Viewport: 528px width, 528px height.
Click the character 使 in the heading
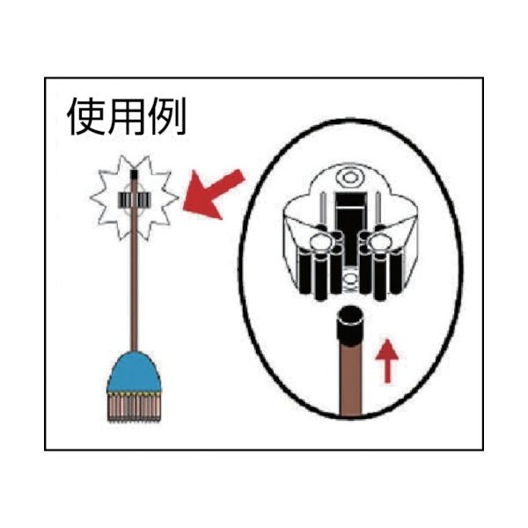click(x=87, y=117)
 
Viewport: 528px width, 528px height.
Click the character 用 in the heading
click(x=127, y=117)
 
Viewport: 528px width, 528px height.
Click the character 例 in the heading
click(x=167, y=117)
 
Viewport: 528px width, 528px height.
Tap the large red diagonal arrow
click(x=212, y=194)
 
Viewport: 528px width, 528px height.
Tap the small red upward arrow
click(x=387, y=361)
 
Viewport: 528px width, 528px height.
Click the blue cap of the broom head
click(x=134, y=371)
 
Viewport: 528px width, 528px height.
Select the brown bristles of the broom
click(x=134, y=407)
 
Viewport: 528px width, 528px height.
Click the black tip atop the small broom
click(x=134, y=174)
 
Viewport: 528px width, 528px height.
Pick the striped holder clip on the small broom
click(x=134, y=200)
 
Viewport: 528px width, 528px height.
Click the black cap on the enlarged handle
click(x=350, y=325)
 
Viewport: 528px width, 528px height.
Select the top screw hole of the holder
click(x=350, y=177)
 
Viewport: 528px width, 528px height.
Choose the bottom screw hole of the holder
click(x=350, y=278)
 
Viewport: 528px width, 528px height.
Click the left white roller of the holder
click(x=320, y=242)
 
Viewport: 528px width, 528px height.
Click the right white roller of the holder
click(x=379, y=242)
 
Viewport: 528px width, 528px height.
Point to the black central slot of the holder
click(x=350, y=229)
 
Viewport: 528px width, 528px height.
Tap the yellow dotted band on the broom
click(x=134, y=393)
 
